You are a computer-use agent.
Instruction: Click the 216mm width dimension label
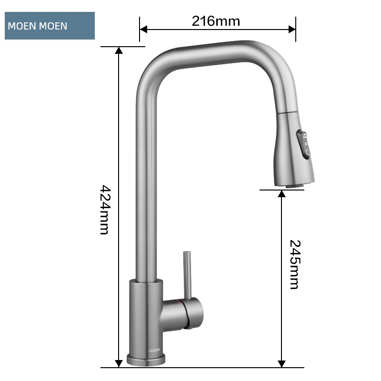point(216,21)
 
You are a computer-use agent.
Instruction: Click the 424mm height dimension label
point(105,210)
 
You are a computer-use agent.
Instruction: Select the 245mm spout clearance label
point(295,265)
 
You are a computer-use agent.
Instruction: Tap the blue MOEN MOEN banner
point(50,26)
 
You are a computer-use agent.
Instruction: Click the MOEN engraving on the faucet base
point(154,350)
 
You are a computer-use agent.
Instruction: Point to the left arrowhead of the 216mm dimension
point(143,30)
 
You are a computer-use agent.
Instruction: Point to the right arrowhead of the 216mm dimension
point(292,30)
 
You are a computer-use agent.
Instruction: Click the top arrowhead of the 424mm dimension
point(119,50)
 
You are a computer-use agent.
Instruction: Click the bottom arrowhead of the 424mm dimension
point(119,364)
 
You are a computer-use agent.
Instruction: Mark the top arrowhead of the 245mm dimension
point(281,194)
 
